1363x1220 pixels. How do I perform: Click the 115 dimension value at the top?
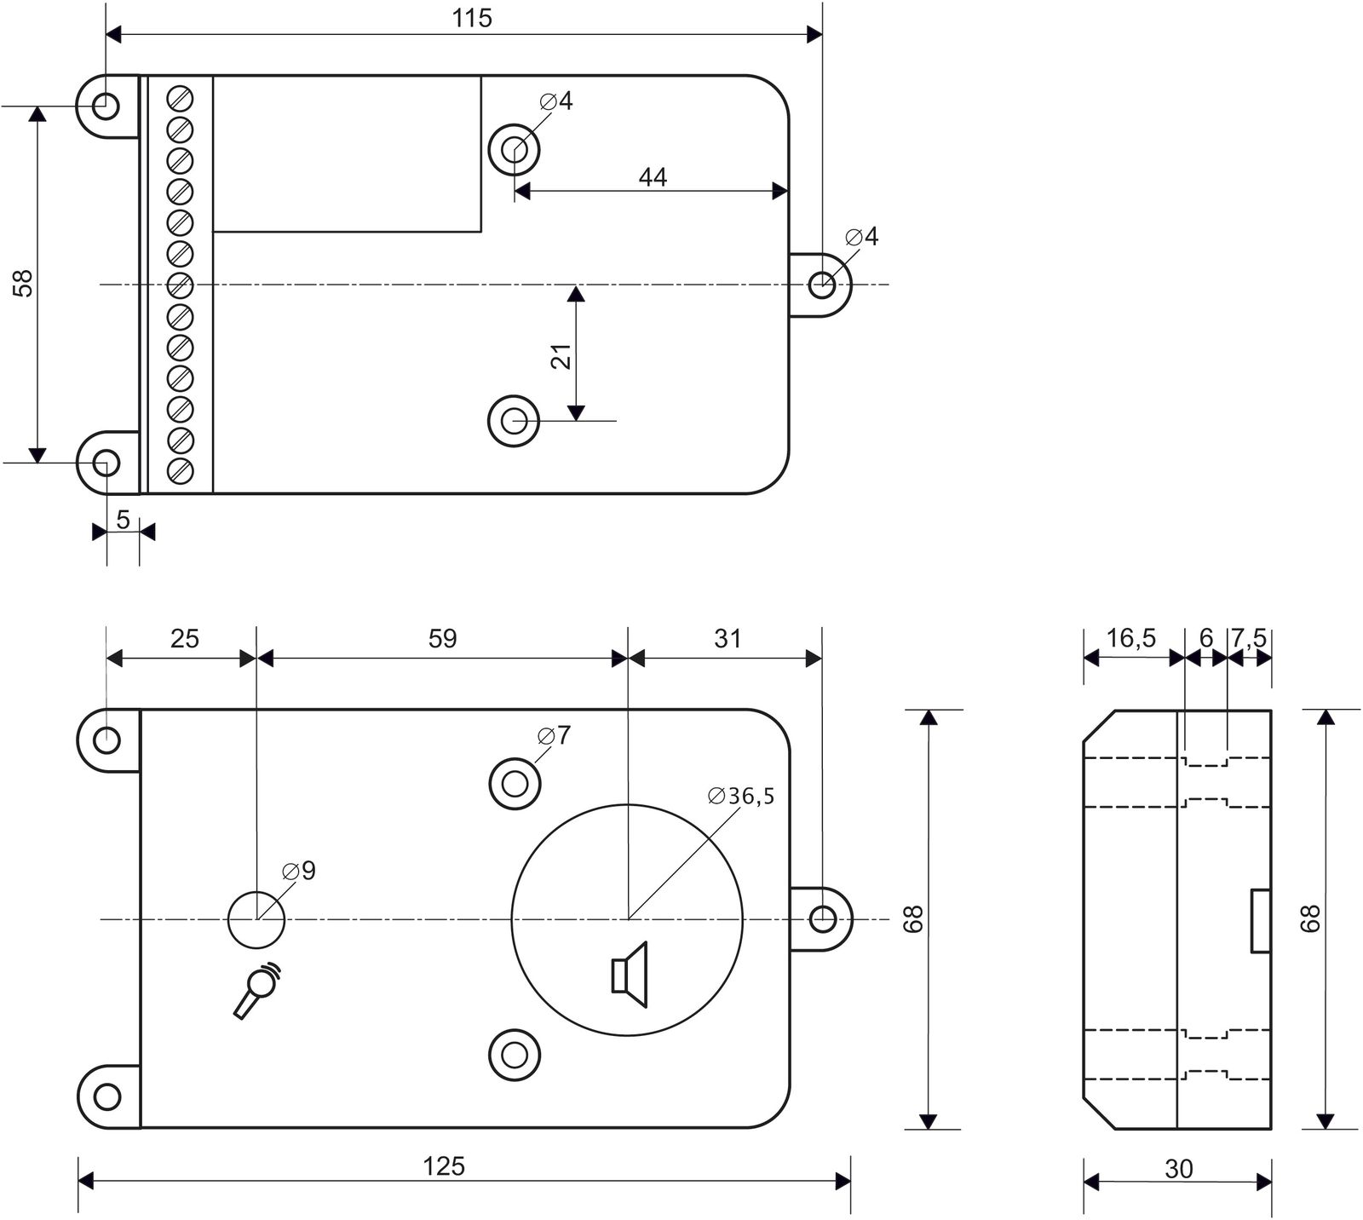(472, 19)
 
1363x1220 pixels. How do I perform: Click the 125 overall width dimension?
(444, 1165)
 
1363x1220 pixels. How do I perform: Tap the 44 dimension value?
(653, 177)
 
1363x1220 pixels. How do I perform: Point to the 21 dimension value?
(561, 355)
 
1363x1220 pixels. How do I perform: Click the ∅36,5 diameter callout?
(741, 797)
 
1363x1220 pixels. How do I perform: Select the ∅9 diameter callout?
(299, 871)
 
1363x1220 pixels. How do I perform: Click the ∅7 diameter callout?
(554, 735)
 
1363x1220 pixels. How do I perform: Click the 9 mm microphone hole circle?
(256, 919)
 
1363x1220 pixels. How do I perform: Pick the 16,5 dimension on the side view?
(1130, 638)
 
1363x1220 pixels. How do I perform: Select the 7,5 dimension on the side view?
(1249, 638)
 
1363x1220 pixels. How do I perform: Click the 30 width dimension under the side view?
(1178, 1170)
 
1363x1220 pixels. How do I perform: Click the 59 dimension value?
(442, 638)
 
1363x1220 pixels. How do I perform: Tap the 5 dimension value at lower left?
(123, 520)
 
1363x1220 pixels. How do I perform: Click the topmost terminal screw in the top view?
(180, 98)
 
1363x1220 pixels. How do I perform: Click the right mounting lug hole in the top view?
(821, 285)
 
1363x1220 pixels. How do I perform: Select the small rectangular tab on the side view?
(1261, 920)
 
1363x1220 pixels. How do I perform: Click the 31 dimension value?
(727, 638)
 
